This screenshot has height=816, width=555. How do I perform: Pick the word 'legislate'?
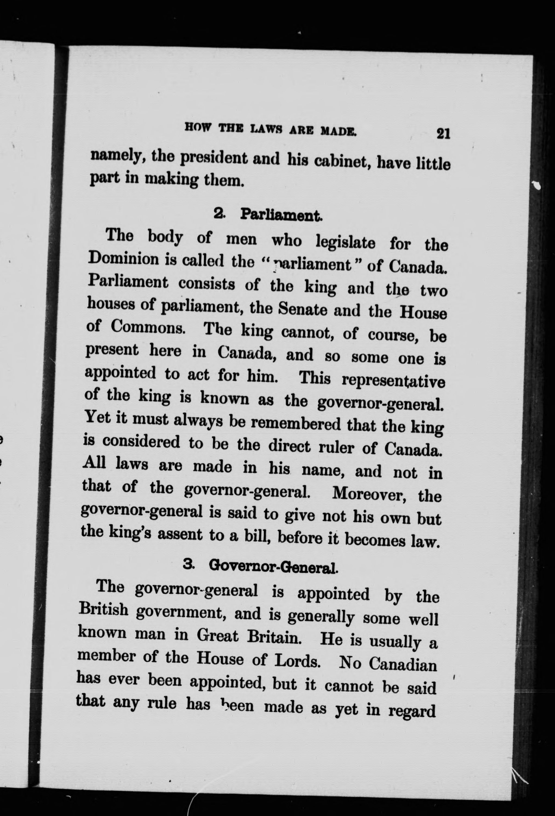pos(345,242)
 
